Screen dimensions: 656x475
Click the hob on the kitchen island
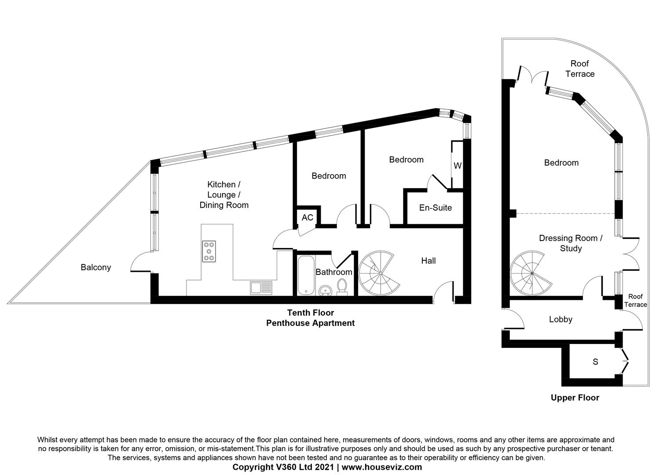(x=209, y=252)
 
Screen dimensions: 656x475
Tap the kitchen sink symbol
(x=261, y=288)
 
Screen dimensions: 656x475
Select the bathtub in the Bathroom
(x=306, y=275)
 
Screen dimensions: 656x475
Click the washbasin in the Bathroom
(x=325, y=290)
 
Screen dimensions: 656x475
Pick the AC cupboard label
(x=307, y=217)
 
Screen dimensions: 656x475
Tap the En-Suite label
(x=436, y=208)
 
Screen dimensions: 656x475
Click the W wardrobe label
(x=458, y=166)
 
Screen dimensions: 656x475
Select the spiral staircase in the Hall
(x=379, y=273)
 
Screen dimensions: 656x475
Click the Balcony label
(x=96, y=267)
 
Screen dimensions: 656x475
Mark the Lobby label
(x=561, y=319)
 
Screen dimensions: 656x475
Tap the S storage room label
(x=595, y=362)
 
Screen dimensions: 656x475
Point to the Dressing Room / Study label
(x=571, y=243)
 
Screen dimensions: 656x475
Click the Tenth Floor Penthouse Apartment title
(x=311, y=318)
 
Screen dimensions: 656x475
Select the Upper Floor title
(x=575, y=398)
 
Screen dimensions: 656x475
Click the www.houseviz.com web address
(x=381, y=467)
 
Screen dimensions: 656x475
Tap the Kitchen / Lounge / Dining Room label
(x=224, y=195)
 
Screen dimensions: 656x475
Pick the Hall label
(x=429, y=261)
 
